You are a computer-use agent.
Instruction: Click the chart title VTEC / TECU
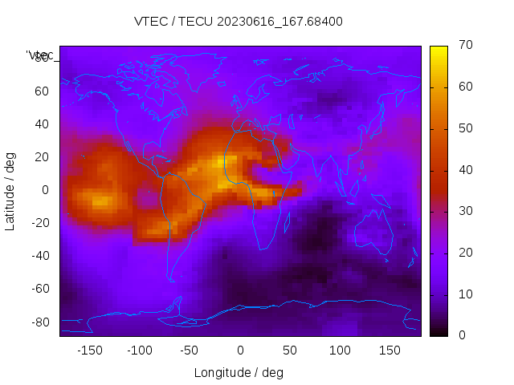click(239, 22)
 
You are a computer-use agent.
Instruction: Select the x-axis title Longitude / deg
click(239, 372)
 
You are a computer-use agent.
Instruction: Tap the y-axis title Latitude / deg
click(10, 190)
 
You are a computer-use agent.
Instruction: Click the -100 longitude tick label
click(140, 351)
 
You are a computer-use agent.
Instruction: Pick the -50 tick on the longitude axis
click(190, 351)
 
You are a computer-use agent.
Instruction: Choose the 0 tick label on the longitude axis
click(240, 351)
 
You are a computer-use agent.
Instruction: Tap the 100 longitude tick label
click(340, 351)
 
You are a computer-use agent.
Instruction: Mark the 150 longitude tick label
click(390, 351)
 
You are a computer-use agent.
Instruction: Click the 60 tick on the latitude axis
click(42, 91)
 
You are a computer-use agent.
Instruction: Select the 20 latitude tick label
click(42, 157)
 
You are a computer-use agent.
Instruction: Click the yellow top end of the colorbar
click(439, 50)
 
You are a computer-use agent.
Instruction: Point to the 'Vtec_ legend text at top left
click(40, 55)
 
